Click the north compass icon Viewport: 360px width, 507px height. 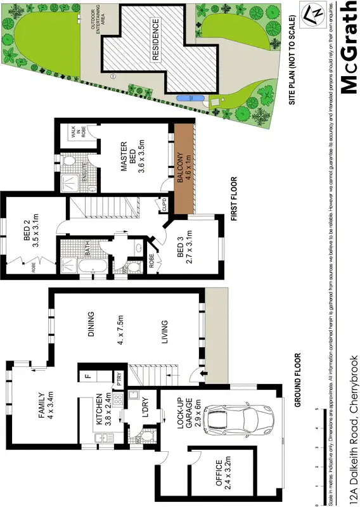tap(312, 14)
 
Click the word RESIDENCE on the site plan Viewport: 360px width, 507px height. tap(157, 41)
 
